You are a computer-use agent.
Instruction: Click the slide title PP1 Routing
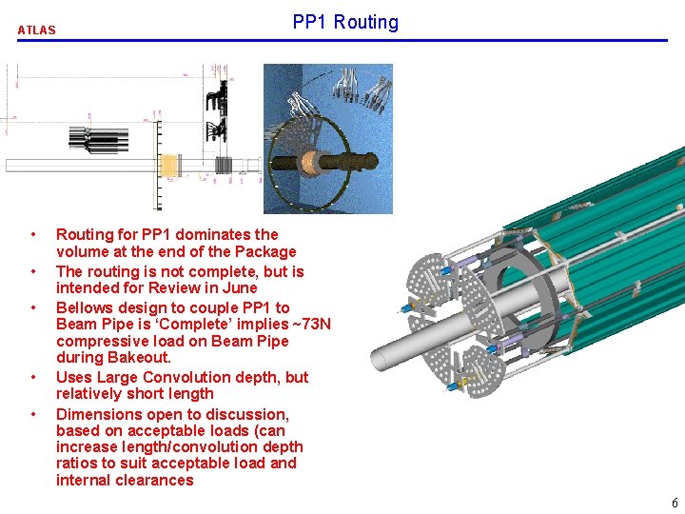(x=345, y=22)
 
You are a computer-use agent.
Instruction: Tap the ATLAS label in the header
(x=37, y=30)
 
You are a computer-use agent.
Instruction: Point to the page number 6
(x=675, y=503)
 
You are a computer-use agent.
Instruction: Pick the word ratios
(x=76, y=464)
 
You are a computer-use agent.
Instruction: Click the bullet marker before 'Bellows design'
(x=33, y=307)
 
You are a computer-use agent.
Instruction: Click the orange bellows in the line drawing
(x=169, y=167)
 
